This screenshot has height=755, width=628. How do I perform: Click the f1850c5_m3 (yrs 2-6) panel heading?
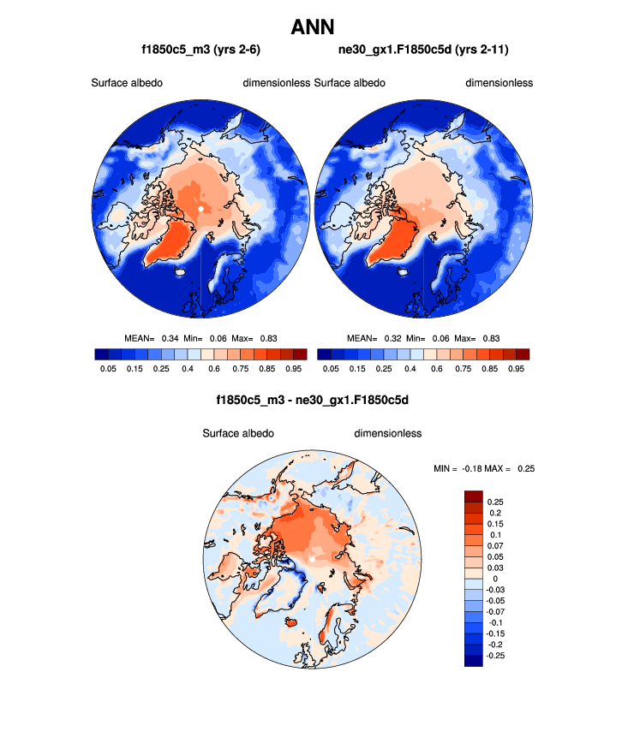coord(200,50)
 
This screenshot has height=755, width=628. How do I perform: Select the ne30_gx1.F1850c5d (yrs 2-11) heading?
coord(423,50)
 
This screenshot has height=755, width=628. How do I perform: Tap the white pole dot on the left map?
coord(200,208)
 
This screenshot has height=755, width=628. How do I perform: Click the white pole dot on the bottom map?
coord(313,559)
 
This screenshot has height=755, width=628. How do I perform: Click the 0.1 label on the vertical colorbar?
coord(493,534)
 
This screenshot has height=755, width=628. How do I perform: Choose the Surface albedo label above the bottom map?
coord(238,433)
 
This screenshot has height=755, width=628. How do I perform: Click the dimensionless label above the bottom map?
coord(387,433)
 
